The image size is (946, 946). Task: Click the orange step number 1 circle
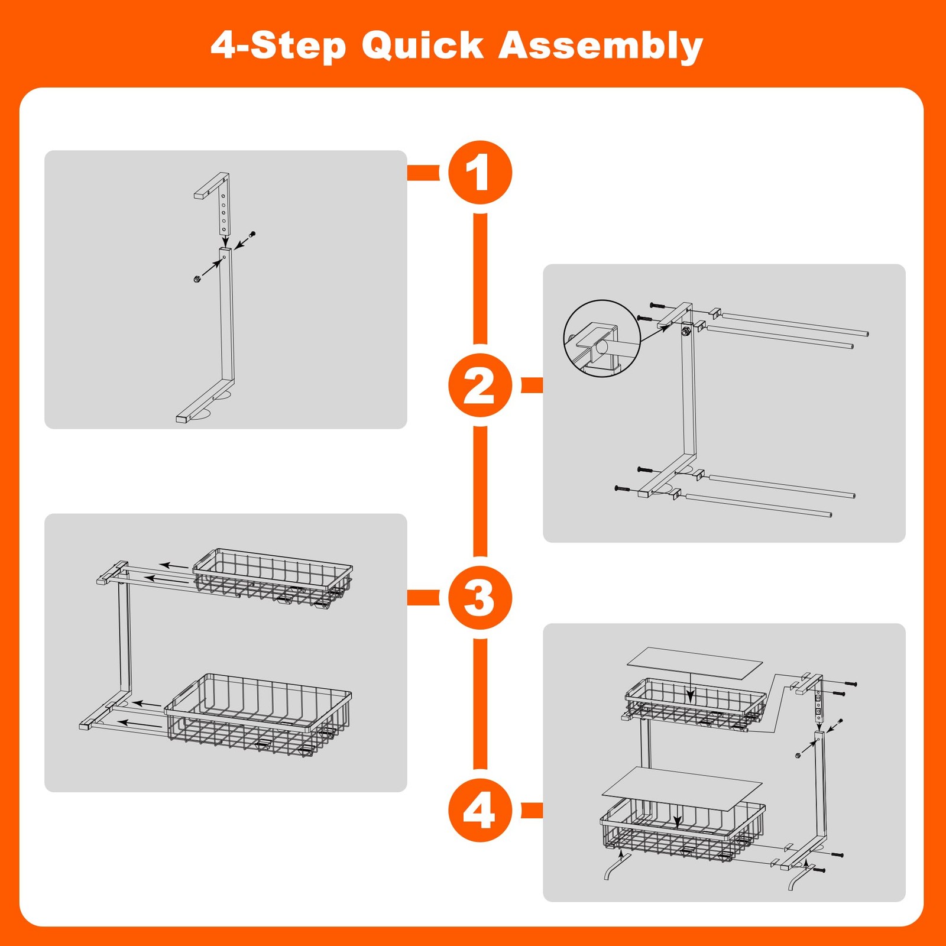click(480, 173)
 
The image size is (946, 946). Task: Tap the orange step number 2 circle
click(480, 385)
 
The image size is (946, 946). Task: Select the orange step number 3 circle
click(480, 598)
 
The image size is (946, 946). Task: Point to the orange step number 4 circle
click(480, 811)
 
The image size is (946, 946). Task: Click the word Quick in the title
click(423, 46)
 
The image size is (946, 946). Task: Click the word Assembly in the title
click(601, 46)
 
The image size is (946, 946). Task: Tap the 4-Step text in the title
click(278, 46)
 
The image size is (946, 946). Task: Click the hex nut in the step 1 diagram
click(197, 278)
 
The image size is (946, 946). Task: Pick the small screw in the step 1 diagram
click(252, 235)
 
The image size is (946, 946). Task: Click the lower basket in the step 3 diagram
click(258, 716)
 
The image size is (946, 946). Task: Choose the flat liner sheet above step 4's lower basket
click(682, 789)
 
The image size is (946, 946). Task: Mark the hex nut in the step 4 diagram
click(798, 755)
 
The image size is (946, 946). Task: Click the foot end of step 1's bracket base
click(182, 419)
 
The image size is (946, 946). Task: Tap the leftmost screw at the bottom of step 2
click(623, 488)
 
